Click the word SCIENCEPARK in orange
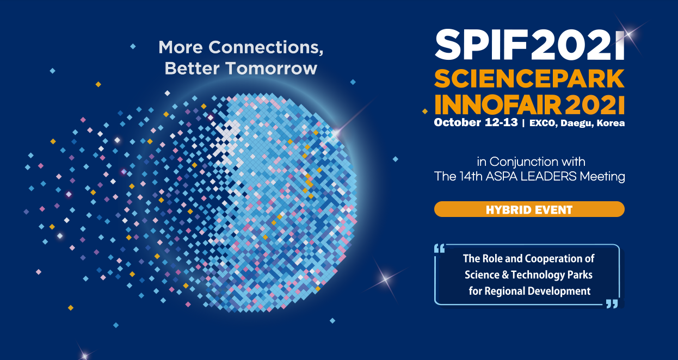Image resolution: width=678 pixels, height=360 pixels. coord(529,78)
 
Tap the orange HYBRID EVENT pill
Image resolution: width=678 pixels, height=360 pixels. coord(529,209)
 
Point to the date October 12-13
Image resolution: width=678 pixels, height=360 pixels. coord(476,122)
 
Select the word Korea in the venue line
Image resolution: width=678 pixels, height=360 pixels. coord(611,123)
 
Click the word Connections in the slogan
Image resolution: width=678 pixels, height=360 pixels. coord(266,47)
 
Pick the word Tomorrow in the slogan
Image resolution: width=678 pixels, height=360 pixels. coord(272,68)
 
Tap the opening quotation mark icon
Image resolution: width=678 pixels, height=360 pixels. coord(440,249)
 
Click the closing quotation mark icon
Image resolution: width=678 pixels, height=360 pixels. coord(612,304)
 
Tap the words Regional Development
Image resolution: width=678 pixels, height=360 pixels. coord(538,291)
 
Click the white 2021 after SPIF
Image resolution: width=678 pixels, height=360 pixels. coord(578,45)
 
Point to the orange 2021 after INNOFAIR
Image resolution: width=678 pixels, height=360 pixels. coord(594,105)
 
